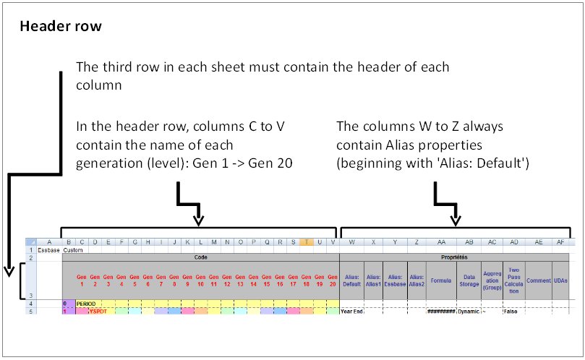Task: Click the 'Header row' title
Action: point(61,27)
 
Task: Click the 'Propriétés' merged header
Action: point(455,257)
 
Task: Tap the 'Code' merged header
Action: point(200,257)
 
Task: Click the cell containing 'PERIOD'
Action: point(87,304)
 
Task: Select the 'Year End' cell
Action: point(351,311)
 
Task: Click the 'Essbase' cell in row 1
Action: point(49,249)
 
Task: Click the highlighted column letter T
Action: point(307,242)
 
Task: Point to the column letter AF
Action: point(561,242)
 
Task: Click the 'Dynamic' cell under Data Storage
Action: point(469,311)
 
